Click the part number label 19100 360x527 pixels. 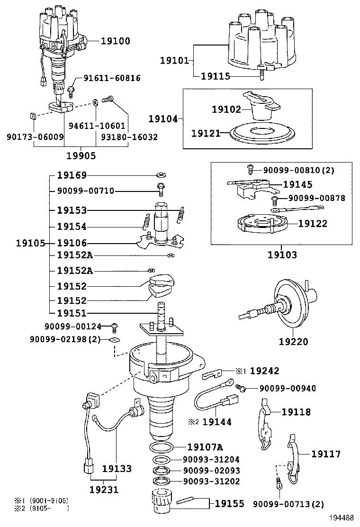click(115, 41)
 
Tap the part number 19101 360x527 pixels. click(174, 60)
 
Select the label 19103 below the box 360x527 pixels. click(282, 255)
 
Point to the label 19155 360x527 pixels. click(230, 503)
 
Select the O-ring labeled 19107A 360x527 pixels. click(161, 446)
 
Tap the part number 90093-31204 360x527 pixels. click(211, 459)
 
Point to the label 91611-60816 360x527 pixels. click(112, 78)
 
